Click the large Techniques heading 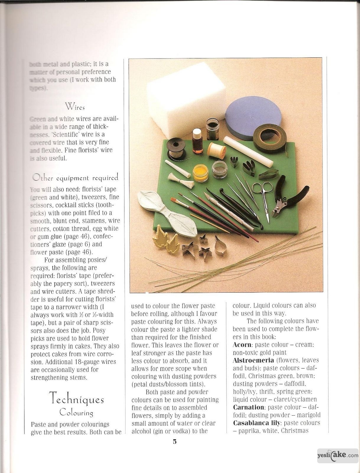76,398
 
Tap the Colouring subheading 76,412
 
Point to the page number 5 175,442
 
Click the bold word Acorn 242,345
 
